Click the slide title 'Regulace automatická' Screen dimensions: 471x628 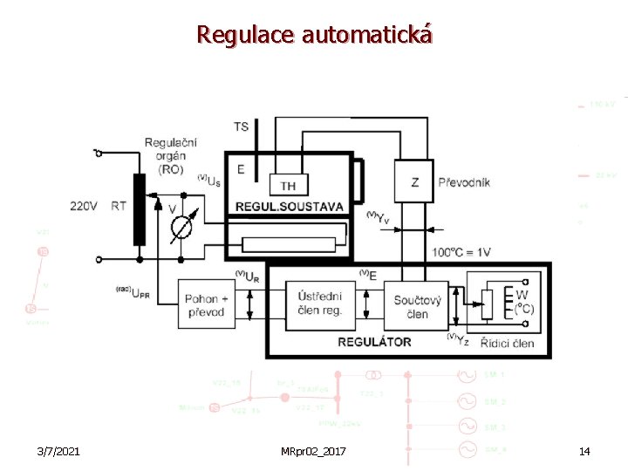[x=314, y=35]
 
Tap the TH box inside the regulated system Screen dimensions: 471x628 [x=288, y=185]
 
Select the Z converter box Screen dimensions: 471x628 [x=414, y=182]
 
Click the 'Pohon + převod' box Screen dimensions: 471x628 [x=205, y=305]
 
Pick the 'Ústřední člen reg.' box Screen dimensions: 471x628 [x=320, y=304]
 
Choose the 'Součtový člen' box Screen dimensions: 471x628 [x=417, y=306]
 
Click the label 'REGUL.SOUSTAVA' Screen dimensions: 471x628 [x=290, y=207]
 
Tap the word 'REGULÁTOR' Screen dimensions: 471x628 [x=374, y=342]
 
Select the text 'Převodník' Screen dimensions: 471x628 [x=463, y=182]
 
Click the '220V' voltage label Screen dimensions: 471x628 [x=85, y=207]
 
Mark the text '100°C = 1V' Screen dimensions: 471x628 [x=461, y=252]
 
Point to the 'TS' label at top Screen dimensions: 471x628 [x=242, y=126]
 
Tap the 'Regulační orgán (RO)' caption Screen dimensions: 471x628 [x=170, y=155]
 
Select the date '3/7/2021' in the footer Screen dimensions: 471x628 [x=59, y=451]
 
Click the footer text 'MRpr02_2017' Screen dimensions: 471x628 [x=313, y=451]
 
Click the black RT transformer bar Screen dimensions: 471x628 [x=139, y=209]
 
